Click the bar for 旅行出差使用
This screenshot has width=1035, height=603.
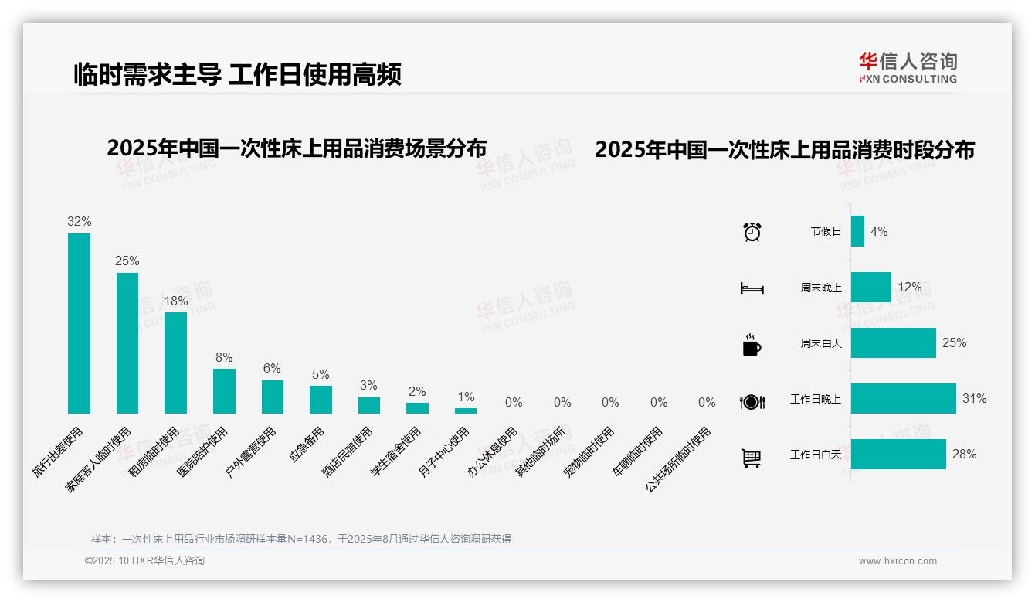pos(79,323)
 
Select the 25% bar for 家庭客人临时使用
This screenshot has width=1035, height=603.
pos(127,342)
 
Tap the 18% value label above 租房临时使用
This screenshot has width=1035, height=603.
pos(175,301)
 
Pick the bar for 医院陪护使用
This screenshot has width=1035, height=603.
pos(224,390)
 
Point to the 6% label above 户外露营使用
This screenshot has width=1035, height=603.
pos(272,369)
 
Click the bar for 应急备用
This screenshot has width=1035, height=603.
pos(321,400)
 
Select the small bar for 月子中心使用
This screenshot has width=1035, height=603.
pos(466,411)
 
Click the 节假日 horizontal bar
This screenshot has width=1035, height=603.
pos(857,231)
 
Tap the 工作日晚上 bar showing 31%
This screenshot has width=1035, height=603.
pos(903,399)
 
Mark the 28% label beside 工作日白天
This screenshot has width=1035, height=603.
pos(964,455)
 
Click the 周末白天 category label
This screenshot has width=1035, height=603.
pos(820,343)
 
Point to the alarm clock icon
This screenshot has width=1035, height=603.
pos(752,232)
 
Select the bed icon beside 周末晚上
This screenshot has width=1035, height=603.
pos(752,288)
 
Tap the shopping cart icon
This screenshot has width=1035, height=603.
pos(752,458)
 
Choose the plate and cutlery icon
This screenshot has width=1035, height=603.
pos(752,401)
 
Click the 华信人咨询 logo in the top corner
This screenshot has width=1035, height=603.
pos(908,67)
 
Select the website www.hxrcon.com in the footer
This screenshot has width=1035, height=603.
pos(898,561)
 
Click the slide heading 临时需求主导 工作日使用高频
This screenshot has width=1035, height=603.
pos(237,75)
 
